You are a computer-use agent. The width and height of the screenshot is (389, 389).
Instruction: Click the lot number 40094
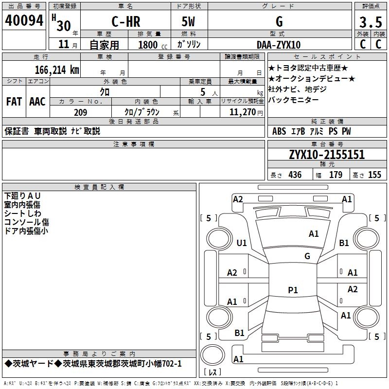[x=24, y=20]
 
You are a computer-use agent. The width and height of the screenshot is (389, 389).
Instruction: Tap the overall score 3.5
[x=370, y=22]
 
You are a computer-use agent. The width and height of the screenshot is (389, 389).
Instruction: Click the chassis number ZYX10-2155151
[x=327, y=155]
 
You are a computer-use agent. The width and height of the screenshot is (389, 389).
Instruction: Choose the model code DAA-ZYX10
[x=279, y=45]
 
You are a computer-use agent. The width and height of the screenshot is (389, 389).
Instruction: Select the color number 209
[x=81, y=112]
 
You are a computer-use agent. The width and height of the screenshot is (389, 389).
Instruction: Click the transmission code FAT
[x=14, y=102]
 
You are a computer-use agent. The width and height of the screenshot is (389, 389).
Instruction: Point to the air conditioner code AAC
[x=37, y=102]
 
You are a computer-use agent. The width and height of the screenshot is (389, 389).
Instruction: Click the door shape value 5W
[x=189, y=21]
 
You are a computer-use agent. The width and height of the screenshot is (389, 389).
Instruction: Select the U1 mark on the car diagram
[x=242, y=243]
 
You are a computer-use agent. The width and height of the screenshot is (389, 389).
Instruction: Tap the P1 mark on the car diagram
[x=293, y=290]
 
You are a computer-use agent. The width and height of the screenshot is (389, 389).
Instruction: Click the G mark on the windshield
[x=307, y=256]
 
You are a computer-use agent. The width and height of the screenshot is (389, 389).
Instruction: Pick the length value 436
[x=295, y=175]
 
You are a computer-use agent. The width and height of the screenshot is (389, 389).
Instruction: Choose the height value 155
[x=374, y=175]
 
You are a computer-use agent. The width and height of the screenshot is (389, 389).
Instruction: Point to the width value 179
[x=336, y=175]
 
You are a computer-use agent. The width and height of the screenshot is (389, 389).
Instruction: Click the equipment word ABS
[x=279, y=131]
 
